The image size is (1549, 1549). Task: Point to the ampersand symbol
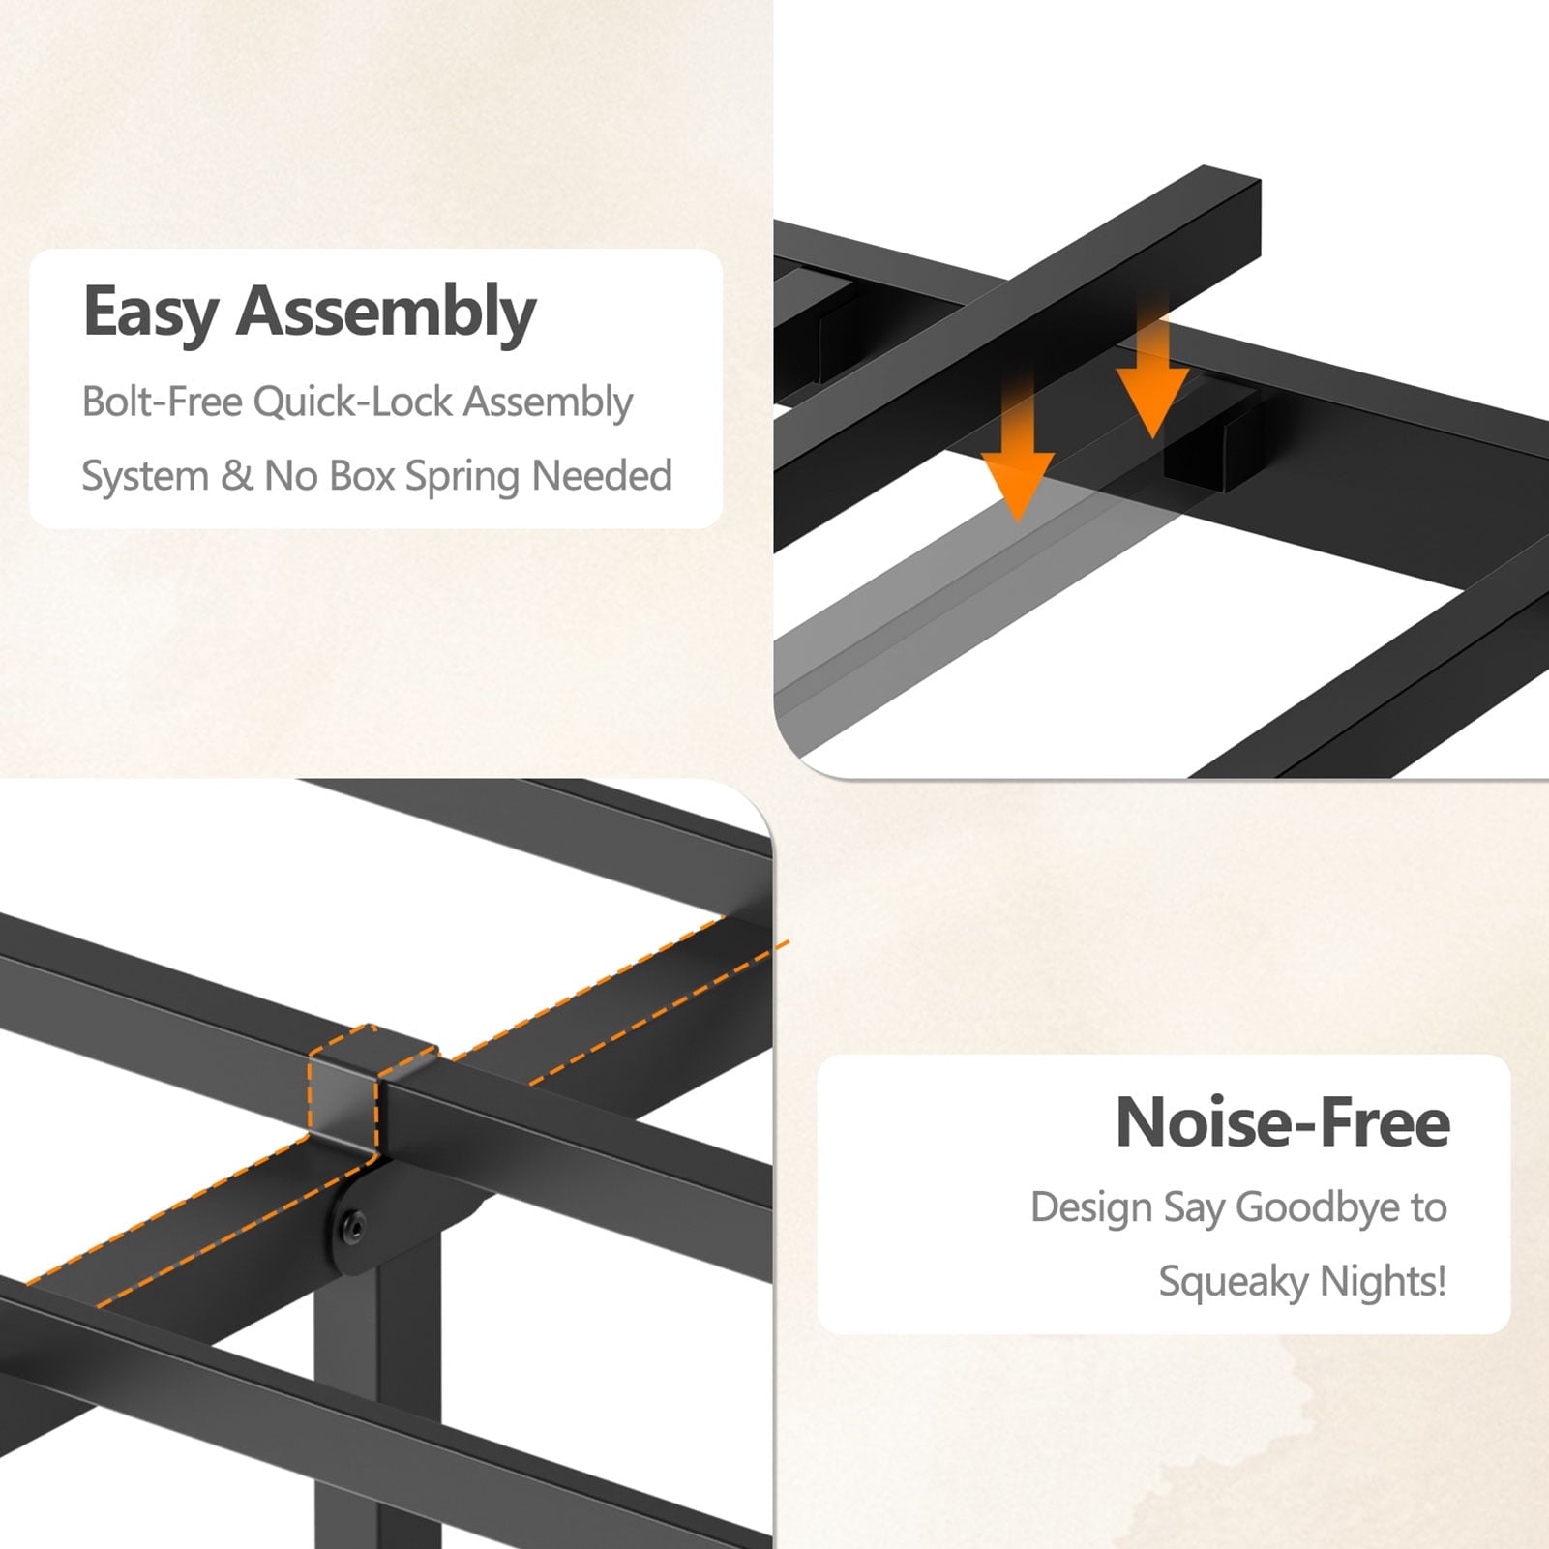coord(236,476)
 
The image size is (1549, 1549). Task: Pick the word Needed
coord(602,476)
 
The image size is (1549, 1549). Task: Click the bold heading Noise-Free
coord(1283,1122)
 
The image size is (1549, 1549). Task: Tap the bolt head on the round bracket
coord(352,1230)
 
